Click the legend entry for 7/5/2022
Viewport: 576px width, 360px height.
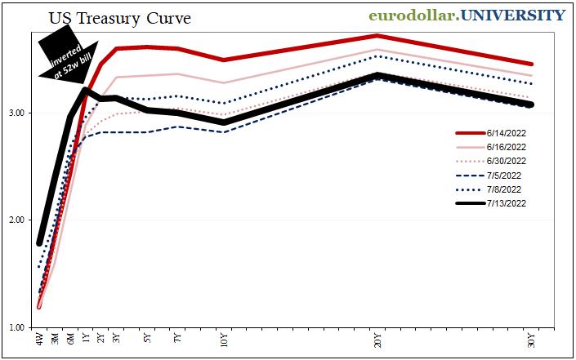click(x=505, y=175)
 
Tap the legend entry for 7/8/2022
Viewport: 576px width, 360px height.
click(x=505, y=189)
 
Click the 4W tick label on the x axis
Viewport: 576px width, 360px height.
click(x=39, y=339)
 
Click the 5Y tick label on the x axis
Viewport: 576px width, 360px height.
click(x=146, y=338)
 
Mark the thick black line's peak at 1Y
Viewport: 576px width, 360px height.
click(x=86, y=90)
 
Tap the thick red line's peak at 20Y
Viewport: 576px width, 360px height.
click(x=377, y=36)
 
